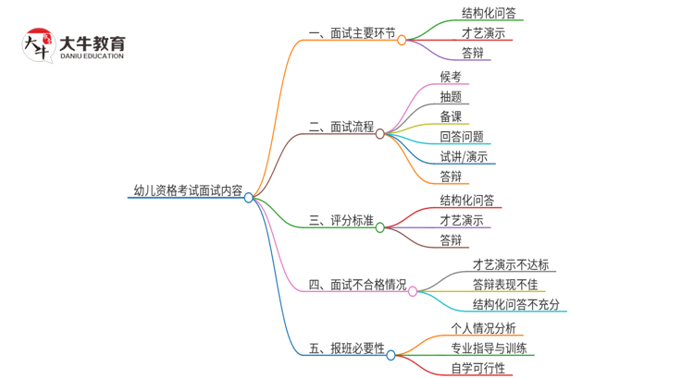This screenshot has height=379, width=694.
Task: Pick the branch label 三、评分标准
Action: tap(341, 222)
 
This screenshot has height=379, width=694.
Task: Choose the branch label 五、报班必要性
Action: tap(346, 349)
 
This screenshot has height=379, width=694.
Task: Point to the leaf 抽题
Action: tap(451, 96)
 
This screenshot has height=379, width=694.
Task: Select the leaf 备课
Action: tap(451, 116)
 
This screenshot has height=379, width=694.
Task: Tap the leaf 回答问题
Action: tap(462, 137)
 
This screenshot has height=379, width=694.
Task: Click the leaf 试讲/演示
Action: tap(465, 156)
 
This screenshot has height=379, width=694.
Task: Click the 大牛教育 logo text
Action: tap(92, 43)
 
